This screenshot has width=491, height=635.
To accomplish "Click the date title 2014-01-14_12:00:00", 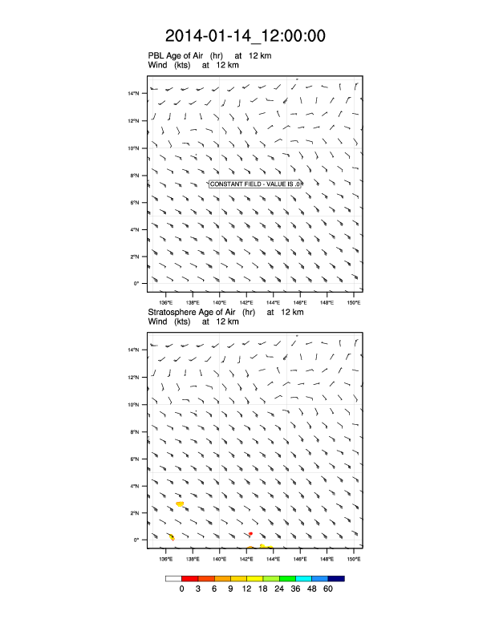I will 245,36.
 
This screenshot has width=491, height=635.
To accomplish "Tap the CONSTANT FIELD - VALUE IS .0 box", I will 255,184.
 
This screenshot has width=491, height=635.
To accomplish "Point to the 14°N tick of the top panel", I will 134,93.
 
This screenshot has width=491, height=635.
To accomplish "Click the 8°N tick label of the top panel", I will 135,175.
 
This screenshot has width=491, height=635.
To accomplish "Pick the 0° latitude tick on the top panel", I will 136,284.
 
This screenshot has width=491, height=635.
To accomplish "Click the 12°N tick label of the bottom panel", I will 134,377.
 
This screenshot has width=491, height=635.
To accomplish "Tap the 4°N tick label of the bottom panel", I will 135,486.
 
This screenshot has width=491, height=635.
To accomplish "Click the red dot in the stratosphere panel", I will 250,533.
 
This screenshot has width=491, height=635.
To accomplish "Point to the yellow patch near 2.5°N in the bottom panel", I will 180,504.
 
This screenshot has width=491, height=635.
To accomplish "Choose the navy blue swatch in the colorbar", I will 336,578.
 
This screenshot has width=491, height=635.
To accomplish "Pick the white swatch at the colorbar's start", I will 173,578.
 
